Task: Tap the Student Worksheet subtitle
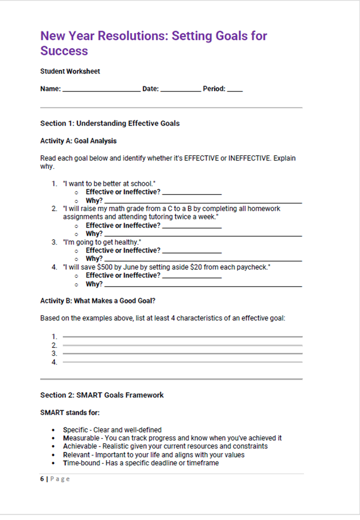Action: click(70, 71)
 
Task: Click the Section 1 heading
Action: click(110, 123)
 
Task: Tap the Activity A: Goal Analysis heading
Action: click(78, 141)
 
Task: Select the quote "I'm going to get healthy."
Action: click(102, 242)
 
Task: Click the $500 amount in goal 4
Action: click(110, 267)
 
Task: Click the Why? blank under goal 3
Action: click(202, 260)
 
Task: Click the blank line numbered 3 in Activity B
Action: click(182, 353)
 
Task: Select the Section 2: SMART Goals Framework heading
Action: click(102, 395)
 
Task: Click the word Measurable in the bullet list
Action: click(81, 438)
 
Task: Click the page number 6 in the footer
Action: click(42, 479)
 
